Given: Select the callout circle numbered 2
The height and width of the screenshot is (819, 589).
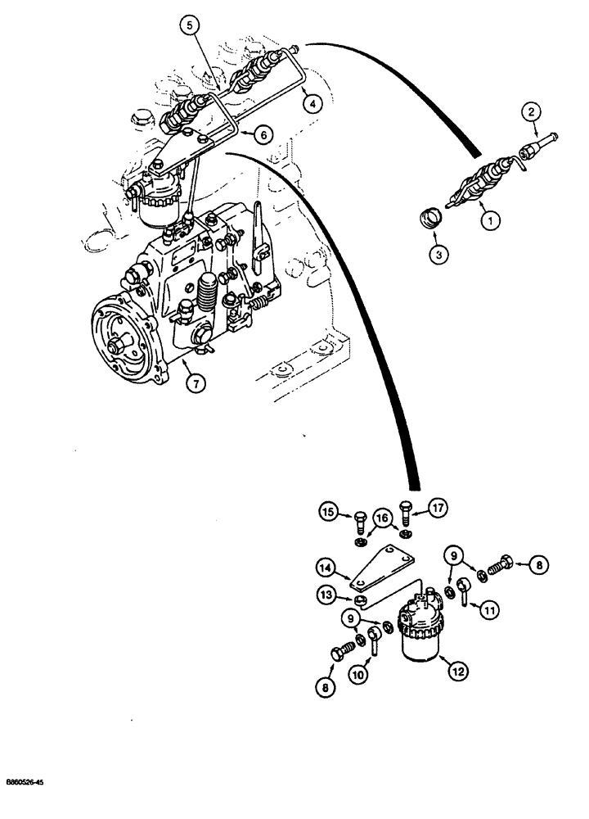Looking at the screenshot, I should point(533,111).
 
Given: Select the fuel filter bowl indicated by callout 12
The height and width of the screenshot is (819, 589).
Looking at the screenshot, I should point(420,636).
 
